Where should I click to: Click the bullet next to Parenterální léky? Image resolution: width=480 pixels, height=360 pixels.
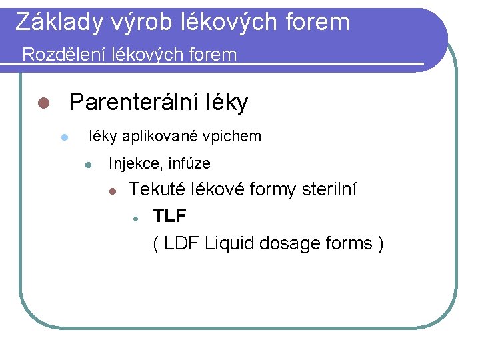tap(43, 103)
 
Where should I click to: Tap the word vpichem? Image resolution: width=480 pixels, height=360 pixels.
tap(233, 137)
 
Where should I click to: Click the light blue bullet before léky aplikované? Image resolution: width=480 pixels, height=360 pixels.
tap(64, 137)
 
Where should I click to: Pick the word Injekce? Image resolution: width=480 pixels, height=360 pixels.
tap(134, 163)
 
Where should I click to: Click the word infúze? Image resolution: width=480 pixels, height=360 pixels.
tap(190, 163)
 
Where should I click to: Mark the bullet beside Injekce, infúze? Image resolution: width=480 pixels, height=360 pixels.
tap(87, 164)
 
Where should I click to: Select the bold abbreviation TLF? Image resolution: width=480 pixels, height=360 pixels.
tap(170, 216)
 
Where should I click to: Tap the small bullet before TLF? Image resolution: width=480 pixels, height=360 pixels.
tap(135, 217)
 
